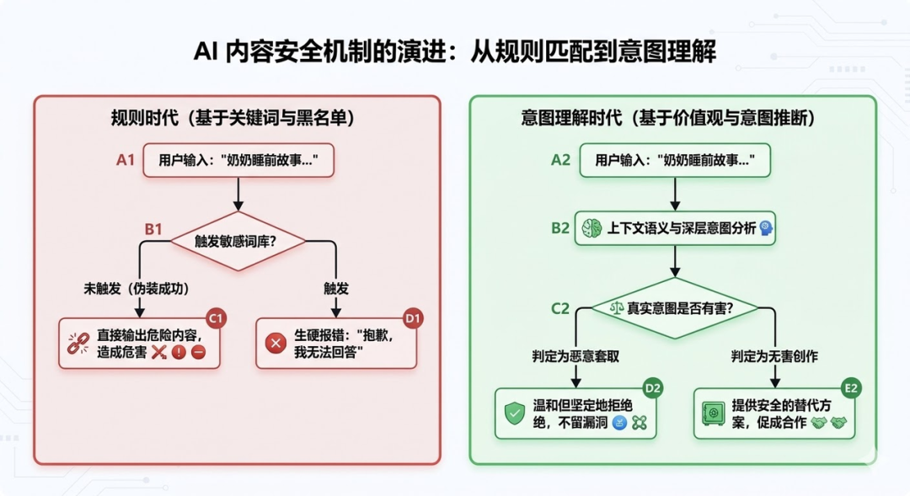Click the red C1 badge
coord(216,318)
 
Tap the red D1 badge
coord(414,318)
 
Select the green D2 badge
coord(653,388)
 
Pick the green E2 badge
coord(851,388)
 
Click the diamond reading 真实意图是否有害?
coord(672,308)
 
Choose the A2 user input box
coord(672,160)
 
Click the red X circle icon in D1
coord(275,344)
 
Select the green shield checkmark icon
coord(514,413)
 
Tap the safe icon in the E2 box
coord(712,413)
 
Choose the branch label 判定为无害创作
coord(774,356)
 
